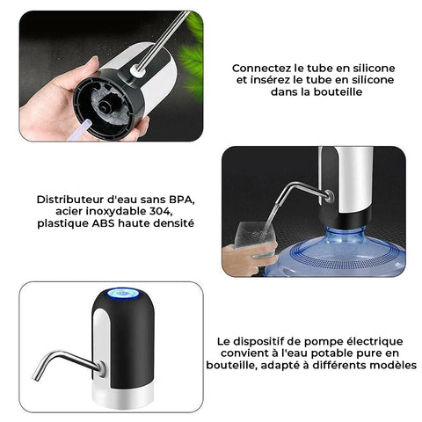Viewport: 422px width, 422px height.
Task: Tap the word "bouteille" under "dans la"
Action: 338,91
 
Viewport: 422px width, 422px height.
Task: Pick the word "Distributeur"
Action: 69,200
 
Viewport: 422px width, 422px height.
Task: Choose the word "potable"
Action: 331,353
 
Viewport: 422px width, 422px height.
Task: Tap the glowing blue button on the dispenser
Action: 124,293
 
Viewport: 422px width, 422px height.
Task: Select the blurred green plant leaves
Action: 191,55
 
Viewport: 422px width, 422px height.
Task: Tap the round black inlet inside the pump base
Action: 105,107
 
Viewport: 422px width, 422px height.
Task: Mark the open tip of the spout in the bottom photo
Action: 36,378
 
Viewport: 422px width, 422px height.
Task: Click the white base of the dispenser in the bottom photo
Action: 123,394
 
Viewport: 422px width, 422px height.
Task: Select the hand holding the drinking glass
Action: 248,258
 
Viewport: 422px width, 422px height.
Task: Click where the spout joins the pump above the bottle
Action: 330,195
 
